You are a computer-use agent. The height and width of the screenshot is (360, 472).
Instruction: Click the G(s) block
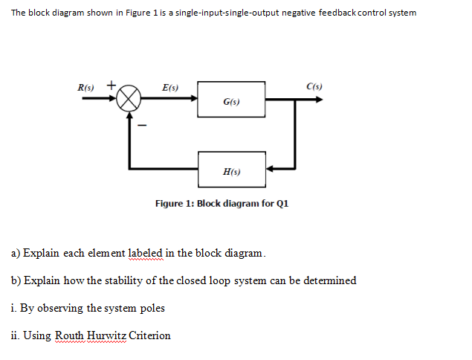[231, 99]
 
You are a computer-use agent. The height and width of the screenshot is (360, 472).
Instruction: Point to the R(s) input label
[89, 88]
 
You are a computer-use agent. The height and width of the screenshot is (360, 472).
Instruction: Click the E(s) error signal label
[169, 88]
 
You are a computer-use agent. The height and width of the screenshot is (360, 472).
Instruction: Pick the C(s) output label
[314, 88]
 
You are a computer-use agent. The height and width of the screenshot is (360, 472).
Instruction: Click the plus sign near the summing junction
[111, 85]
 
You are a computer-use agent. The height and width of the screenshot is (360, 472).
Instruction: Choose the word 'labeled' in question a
[145, 253]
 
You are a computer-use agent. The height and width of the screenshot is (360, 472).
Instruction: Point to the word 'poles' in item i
[149, 308]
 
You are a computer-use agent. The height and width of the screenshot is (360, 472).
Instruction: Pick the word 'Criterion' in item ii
[150, 335]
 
